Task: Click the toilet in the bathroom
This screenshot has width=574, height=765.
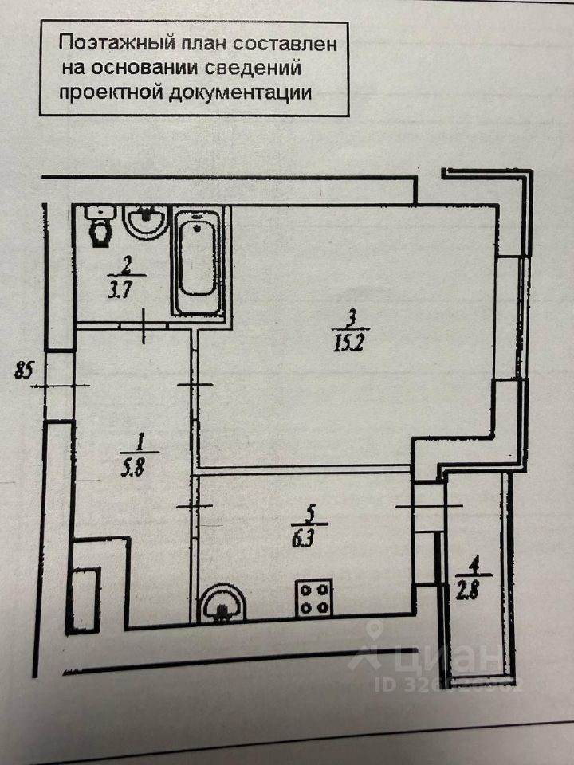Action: (101, 227)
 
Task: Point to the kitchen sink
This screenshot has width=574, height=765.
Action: (221, 603)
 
